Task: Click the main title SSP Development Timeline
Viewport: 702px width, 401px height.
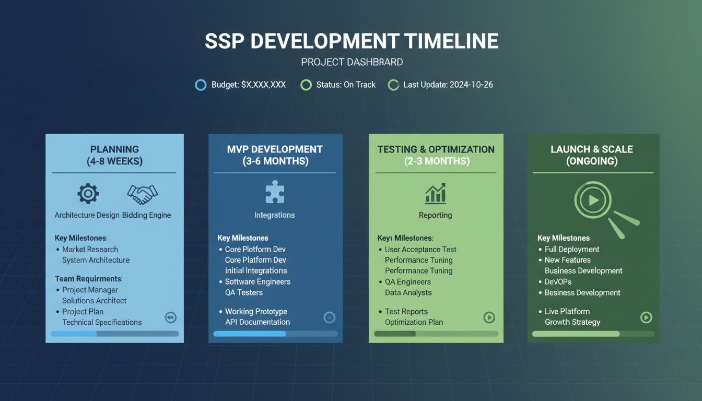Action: pyautogui.click(x=351, y=41)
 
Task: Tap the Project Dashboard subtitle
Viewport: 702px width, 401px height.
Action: pyautogui.click(x=352, y=62)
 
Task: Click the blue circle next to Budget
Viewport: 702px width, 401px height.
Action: pyautogui.click(x=201, y=85)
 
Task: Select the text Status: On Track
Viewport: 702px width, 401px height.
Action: pyautogui.click(x=345, y=85)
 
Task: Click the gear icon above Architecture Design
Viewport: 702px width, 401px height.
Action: pyautogui.click(x=88, y=194)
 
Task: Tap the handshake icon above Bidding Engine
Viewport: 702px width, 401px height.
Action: pyautogui.click(x=142, y=194)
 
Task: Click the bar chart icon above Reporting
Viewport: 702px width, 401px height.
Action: pyautogui.click(x=435, y=193)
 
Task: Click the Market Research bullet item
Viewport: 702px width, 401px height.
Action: pyautogui.click(x=90, y=249)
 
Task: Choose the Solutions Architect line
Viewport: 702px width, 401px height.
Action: pyautogui.click(x=94, y=300)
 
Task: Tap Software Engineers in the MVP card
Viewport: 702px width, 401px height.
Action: pyautogui.click(x=258, y=281)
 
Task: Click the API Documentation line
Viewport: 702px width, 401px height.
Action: pyautogui.click(x=257, y=322)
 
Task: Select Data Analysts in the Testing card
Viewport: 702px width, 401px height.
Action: pyautogui.click(x=408, y=292)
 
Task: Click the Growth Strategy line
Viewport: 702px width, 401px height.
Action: pyautogui.click(x=572, y=322)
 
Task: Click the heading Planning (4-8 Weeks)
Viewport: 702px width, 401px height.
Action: pyautogui.click(x=114, y=155)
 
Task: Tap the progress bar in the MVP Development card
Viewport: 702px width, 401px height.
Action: pyautogui.click(x=275, y=334)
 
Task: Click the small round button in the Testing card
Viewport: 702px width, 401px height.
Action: pyautogui.click(x=489, y=317)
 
